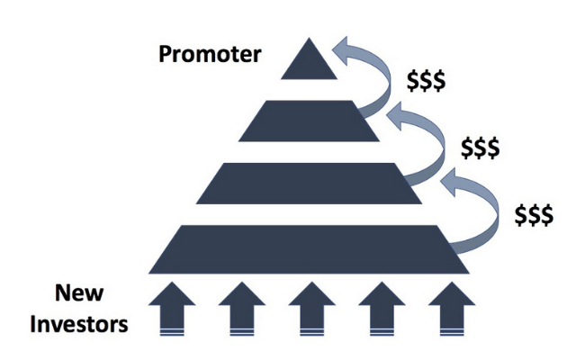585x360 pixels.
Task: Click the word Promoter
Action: [x=210, y=55]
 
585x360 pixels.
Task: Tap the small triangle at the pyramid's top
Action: [x=309, y=63]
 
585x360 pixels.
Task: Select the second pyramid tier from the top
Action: [x=309, y=121]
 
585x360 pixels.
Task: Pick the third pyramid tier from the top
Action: [x=309, y=184]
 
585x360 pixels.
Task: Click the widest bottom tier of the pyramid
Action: [x=309, y=249]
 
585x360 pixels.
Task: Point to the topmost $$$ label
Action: [x=426, y=81]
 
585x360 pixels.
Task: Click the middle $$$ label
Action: [x=481, y=148]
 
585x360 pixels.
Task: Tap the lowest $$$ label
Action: [x=534, y=215]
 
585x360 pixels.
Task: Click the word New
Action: [x=79, y=292]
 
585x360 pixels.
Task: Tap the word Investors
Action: [x=79, y=324]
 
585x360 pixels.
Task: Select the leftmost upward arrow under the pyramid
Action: [x=172, y=309]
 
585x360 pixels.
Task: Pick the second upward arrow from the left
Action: [x=242, y=309]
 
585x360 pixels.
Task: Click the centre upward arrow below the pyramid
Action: [x=312, y=309]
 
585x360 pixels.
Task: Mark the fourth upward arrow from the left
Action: [x=382, y=309]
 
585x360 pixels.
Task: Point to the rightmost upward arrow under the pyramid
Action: [x=452, y=309]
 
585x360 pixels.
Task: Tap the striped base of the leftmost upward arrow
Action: [x=172, y=332]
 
